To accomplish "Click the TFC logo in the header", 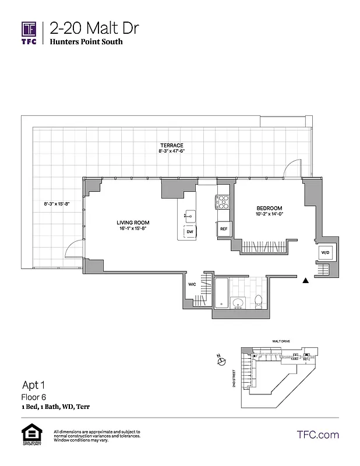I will [x=29, y=33].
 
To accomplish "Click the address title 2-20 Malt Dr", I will [x=94, y=28].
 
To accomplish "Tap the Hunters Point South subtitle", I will [x=86, y=42].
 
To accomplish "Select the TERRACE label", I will [x=172, y=145].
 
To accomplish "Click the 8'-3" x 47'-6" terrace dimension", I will [x=172, y=151].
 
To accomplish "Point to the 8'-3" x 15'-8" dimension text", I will [x=57, y=204].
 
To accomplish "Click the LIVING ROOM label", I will [x=133, y=223].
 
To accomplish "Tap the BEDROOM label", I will [x=269, y=209].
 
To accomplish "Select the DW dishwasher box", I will [x=189, y=232].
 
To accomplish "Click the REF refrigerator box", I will [x=223, y=229].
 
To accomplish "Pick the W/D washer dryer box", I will [x=325, y=252].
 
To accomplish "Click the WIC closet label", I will [x=191, y=285].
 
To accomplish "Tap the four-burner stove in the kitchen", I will [x=223, y=202].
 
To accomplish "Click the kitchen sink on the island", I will [x=189, y=215].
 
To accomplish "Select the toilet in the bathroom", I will [x=258, y=301].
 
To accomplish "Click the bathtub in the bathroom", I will [x=223, y=293].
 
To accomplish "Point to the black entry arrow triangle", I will [x=305, y=280].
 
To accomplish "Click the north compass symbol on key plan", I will [x=221, y=362].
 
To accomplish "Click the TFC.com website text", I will [x=317, y=435].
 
